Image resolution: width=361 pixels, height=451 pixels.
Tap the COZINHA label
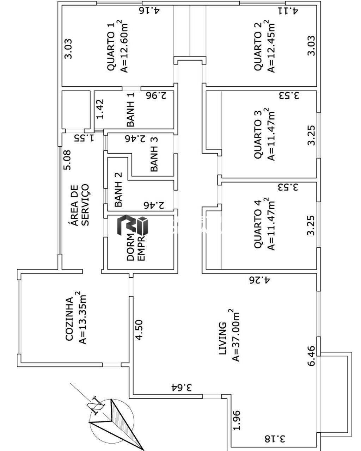(x=69, y=319)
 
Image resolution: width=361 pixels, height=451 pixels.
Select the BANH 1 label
(x=130, y=114)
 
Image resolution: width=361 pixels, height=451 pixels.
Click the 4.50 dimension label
(x=140, y=330)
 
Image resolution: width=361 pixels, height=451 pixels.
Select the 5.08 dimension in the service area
(x=67, y=160)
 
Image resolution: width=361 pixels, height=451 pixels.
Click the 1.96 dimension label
(x=237, y=420)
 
